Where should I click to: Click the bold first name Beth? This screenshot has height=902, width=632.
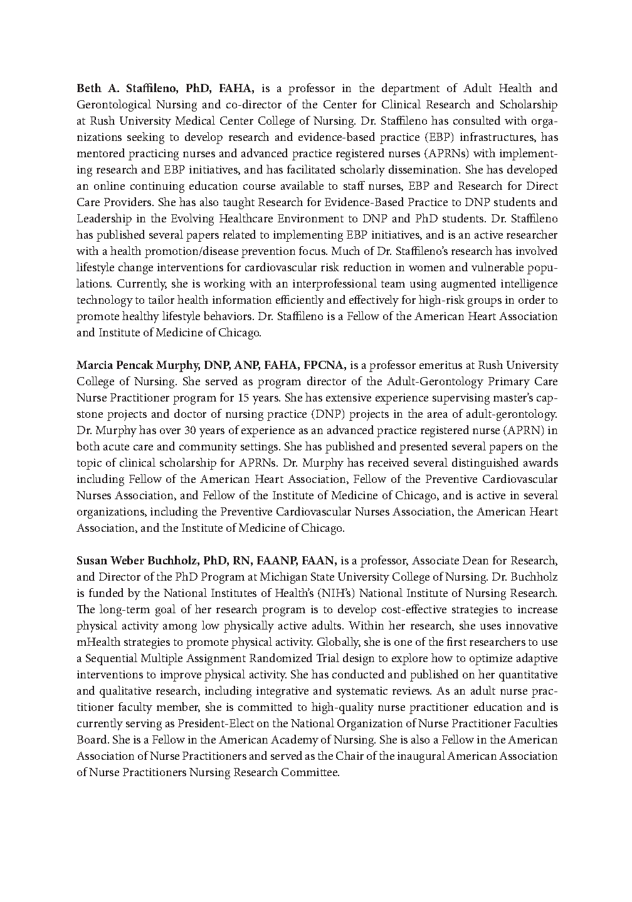pos(88,88)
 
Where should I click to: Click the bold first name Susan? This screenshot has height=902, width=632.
pos(92,561)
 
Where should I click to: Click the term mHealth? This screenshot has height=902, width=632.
pos(97,642)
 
